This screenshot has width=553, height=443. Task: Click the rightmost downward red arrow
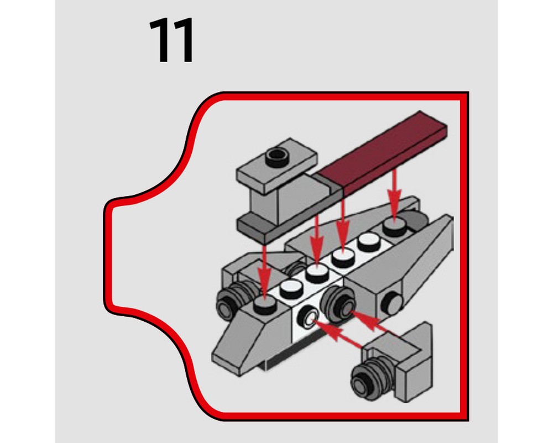[x=394, y=194]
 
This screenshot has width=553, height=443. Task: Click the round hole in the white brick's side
[x=307, y=318]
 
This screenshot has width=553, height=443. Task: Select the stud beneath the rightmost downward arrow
[x=394, y=227]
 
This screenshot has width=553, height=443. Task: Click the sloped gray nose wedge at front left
[x=243, y=338]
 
